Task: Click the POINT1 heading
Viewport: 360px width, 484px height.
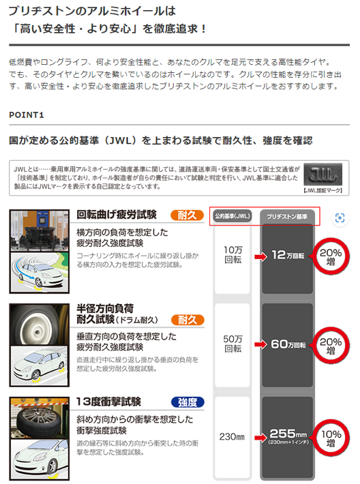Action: coord(27,115)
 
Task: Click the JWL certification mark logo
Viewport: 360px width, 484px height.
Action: coord(323,175)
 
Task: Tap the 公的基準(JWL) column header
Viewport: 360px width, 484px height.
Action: coord(232,216)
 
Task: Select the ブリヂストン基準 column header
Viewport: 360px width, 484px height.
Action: coord(287,217)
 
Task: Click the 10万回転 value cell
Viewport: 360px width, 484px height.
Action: coord(232,255)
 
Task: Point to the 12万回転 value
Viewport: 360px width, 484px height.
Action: coord(288,255)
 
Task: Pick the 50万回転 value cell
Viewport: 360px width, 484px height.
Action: coord(232,344)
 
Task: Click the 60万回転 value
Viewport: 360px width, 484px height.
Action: coord(288,344)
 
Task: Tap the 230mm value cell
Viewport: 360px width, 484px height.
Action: coord(232,437)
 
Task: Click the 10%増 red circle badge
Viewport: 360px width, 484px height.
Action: coord(331,438)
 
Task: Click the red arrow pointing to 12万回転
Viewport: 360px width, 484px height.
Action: coord(260,256)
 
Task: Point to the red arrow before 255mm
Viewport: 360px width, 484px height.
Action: coord(260,437)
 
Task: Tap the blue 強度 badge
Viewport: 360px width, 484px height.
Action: coord(187,402)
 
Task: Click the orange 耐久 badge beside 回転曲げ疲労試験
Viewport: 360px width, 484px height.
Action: coord(187,215)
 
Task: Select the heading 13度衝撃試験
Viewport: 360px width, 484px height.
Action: coord(108,402)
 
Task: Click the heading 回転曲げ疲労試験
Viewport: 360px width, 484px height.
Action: coord(117,215)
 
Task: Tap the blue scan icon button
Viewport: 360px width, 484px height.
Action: coord(340,218)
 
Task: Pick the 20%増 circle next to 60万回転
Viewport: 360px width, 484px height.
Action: coord(331,346)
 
